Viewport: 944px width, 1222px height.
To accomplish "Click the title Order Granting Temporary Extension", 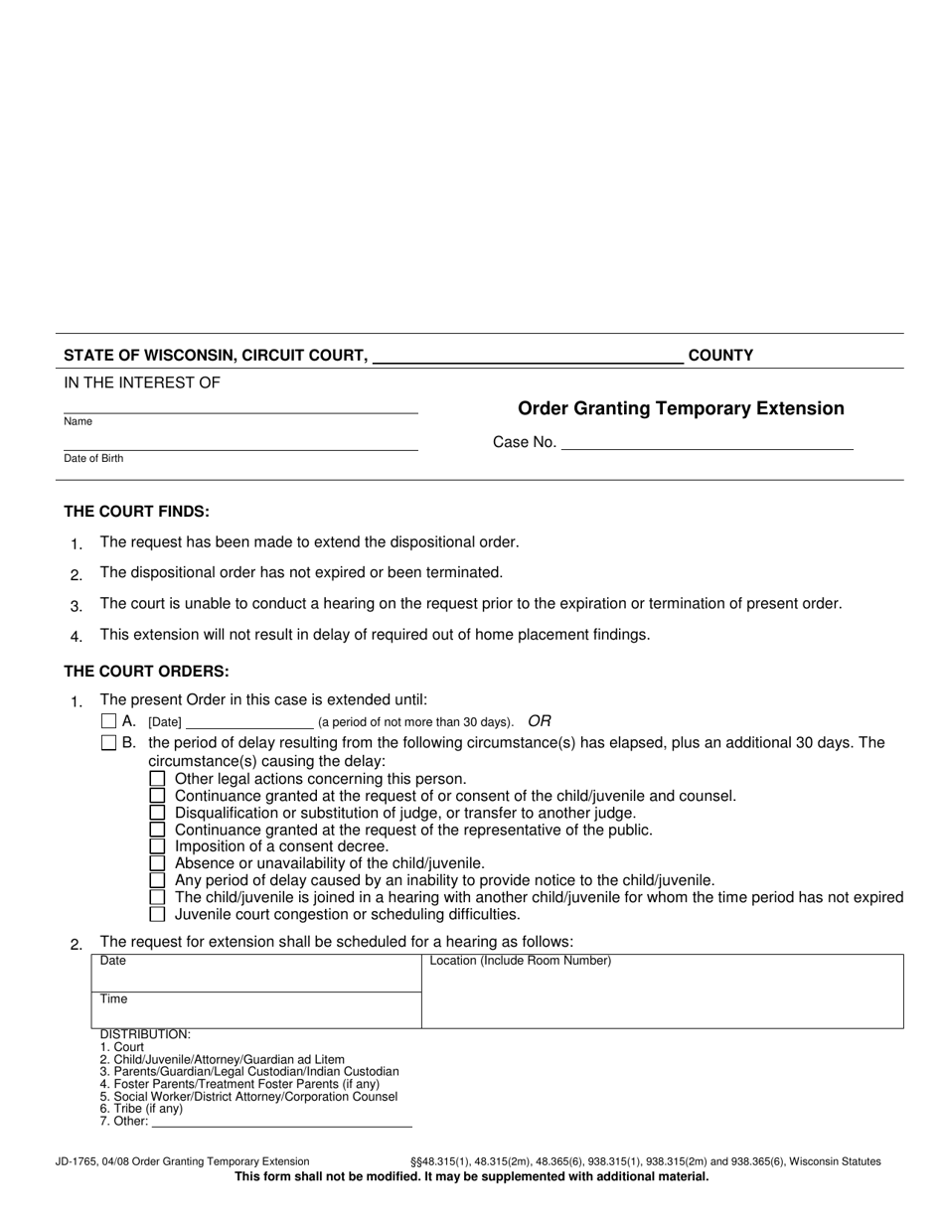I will tap(681, 408).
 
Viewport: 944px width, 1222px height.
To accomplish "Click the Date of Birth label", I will tap(93, 459).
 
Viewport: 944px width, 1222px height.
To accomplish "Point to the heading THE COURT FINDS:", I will tap(137, 512).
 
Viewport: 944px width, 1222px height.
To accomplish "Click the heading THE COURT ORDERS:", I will tap(146, 672).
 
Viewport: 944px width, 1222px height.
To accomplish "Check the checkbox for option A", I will tap(109, 721).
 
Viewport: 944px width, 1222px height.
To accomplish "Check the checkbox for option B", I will tap(109, 743).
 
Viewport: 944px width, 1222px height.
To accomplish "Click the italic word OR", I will tap(540, 721).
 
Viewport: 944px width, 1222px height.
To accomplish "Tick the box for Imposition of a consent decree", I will tap(157, 846).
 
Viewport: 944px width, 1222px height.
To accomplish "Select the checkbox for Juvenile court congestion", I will tap(157, 914).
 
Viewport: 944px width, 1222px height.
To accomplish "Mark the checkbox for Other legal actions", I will tap(157, 779).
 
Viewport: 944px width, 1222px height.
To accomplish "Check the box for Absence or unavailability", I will tap(157, 863).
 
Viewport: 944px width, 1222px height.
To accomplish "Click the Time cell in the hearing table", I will tap(256, 1009).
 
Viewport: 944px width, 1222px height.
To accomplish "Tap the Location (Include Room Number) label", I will tap(520, 961).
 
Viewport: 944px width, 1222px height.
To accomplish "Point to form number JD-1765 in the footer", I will tap(79, 1161).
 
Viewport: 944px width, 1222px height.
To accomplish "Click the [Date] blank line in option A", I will tap(249, 722).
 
